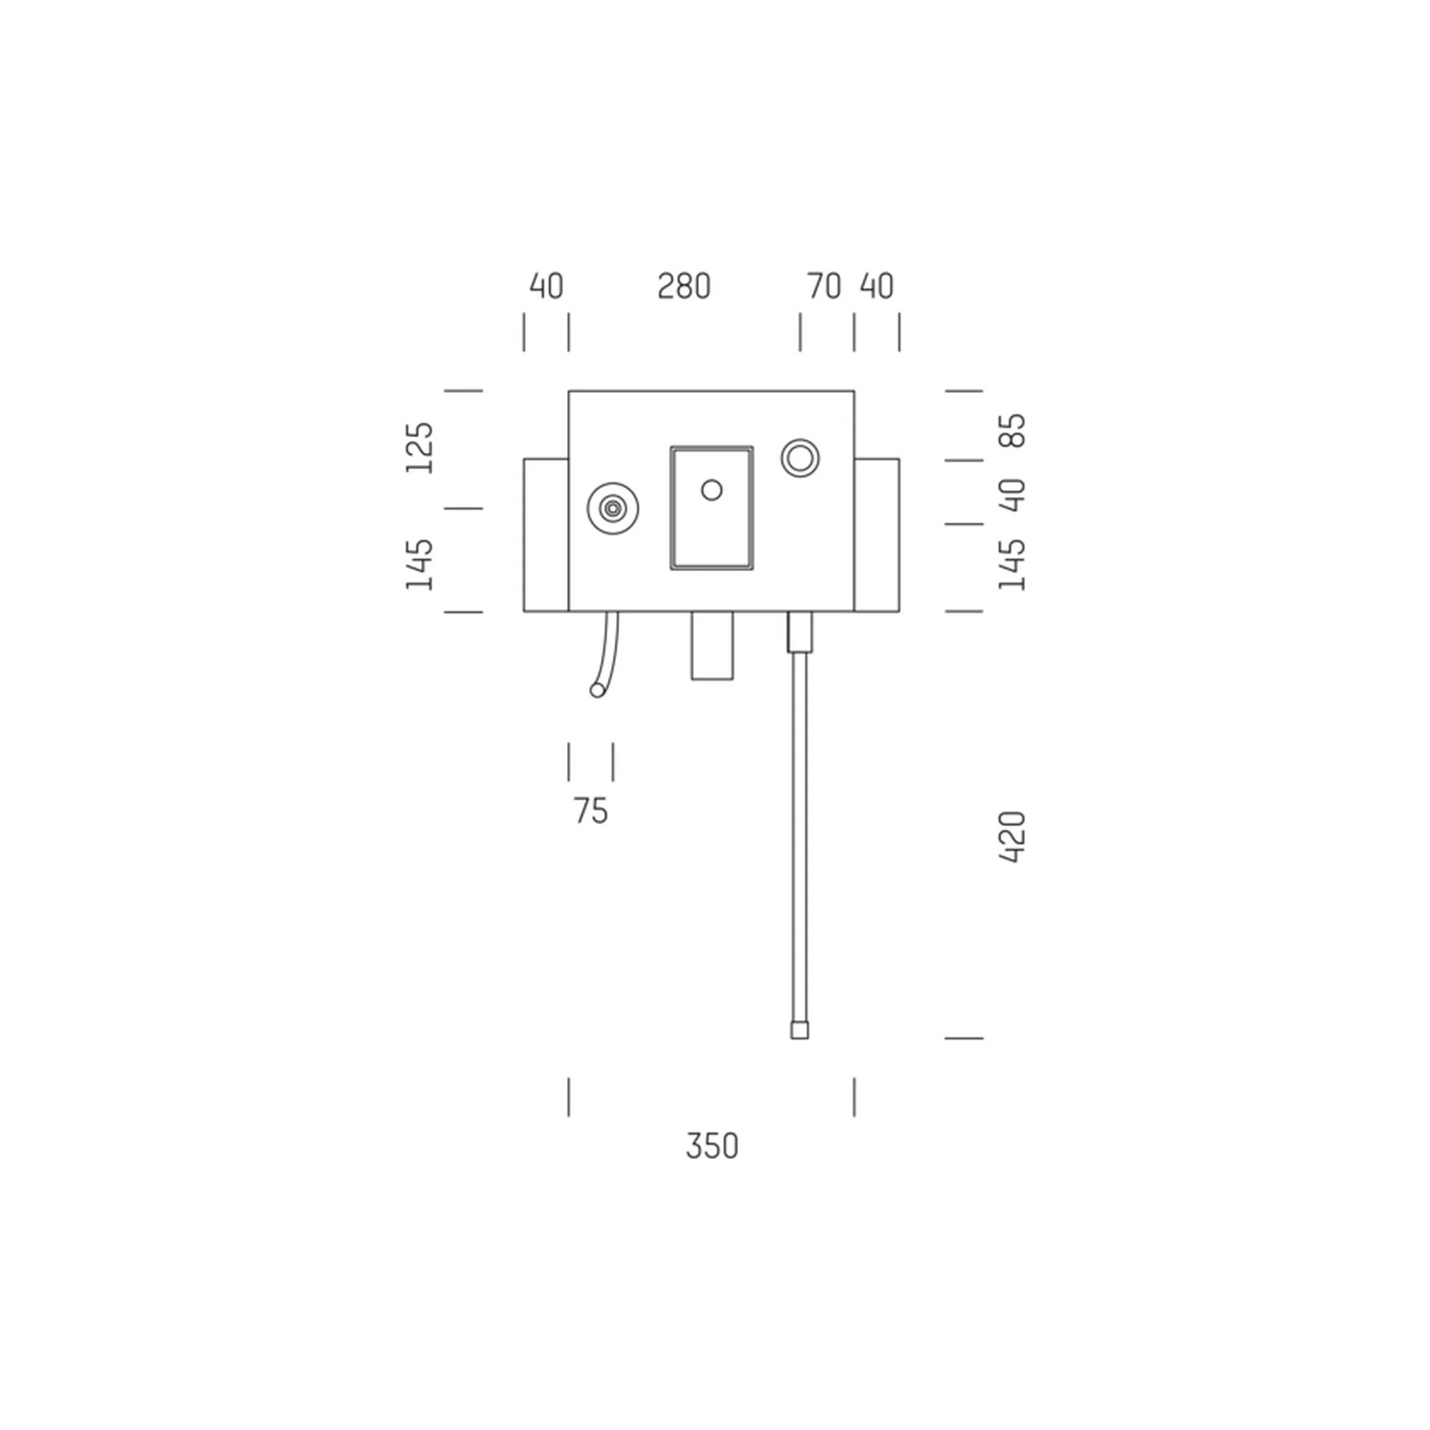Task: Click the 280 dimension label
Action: point(684,286)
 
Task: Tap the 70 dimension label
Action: point(824,286)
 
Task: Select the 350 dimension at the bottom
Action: point(712,1147)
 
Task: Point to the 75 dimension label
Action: point(591,811)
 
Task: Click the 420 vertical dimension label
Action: point(1012,837)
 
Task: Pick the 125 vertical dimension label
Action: point(419,448)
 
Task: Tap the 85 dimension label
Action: point(1012,430)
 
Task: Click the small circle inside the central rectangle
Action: point(712,490)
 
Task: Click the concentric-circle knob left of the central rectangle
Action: point(613,508)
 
